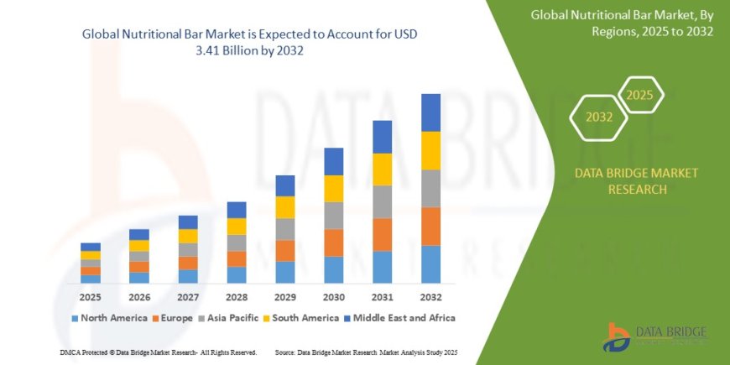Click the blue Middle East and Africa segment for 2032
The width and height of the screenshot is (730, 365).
(430, 112)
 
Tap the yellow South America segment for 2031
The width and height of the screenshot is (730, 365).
(382, 169)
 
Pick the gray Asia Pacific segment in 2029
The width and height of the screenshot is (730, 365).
(285, 229)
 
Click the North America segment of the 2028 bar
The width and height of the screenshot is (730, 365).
(237, 274)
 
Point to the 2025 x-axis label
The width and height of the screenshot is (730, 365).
(91, 296)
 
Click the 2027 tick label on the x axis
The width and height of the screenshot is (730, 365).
(188, 296)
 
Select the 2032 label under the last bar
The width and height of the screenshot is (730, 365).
(430, 296)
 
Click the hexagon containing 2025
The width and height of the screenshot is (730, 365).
(640, 95)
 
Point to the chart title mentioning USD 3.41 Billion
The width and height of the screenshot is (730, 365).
(249, 43)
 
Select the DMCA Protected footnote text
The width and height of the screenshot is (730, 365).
(159, 352)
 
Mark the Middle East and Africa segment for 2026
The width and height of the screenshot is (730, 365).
(139, 234)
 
